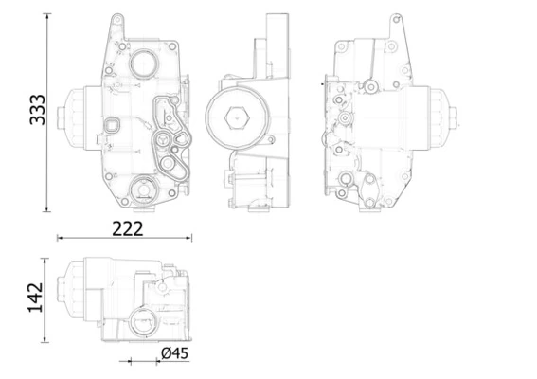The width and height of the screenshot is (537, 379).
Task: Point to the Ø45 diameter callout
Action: pyautogui.click(x=175, y=352)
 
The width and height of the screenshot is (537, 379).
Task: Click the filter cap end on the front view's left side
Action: pyautogui.click(x=69, y=117)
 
